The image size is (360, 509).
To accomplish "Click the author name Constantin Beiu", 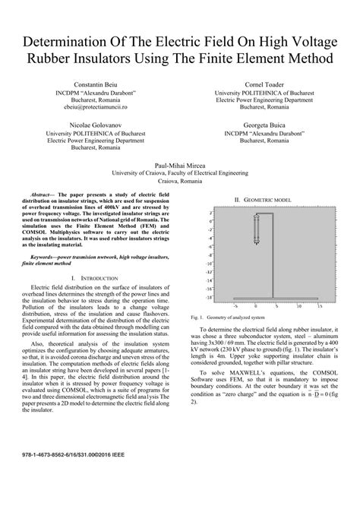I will click(96, 84).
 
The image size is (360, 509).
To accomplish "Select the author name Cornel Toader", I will click(264, 84).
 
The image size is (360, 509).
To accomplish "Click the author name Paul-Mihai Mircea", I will click(180, 164).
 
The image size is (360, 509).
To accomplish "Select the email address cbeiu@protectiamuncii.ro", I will click(96, 107).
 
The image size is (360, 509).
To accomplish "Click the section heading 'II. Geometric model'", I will click(263, 199).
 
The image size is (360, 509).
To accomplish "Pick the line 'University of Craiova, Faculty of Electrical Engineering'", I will click(180, 172).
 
